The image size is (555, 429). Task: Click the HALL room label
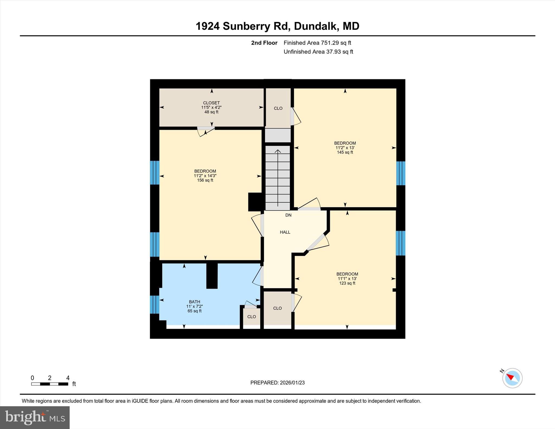pos(285,232)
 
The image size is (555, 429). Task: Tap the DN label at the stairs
pos(288,215)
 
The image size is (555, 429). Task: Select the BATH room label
pos(194,302)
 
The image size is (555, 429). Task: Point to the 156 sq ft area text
pos(205,180)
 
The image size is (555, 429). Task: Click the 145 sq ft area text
pos(345,152)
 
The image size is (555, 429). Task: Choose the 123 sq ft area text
pos(347,283)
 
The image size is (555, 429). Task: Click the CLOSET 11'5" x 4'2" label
pos(211,105)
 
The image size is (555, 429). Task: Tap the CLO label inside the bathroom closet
pos(251,317)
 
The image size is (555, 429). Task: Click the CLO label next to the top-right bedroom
pos(278,108)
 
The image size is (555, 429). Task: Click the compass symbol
pos(512,378)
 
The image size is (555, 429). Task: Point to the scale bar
pos(50,384)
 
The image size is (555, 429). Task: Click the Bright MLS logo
pos(35,417)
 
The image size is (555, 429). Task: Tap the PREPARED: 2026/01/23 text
pos(277,383)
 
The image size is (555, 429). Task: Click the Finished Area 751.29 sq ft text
pos(317,43)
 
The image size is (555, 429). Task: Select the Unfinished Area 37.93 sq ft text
pos(318,52)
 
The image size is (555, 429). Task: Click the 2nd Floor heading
pos(264,43)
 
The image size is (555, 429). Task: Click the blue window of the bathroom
pos(154,304)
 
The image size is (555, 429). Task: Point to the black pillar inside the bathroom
pos(212,276)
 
